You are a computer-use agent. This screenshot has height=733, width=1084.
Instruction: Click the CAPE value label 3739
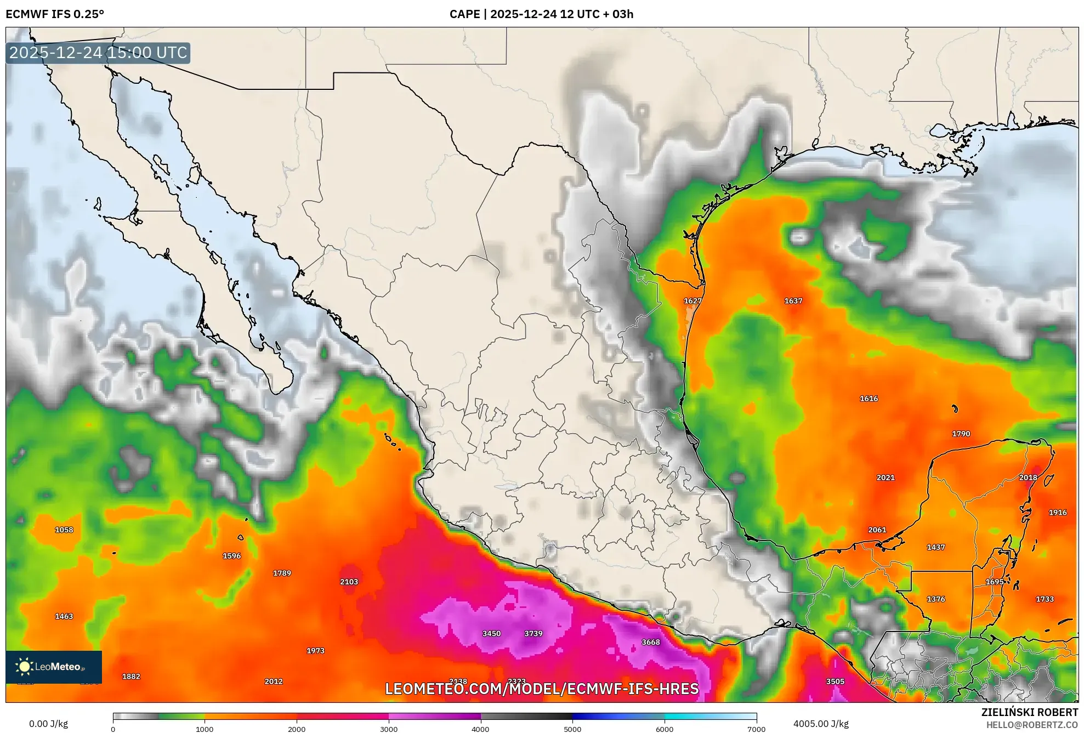coord(533,633)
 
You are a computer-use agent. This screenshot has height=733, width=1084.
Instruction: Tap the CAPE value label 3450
coord(491,633)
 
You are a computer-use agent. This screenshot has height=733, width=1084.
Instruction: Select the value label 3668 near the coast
coord(650,642)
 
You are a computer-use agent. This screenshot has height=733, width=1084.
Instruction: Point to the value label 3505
coord(835,681)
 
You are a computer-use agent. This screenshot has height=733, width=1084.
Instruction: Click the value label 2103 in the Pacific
coord(349,582)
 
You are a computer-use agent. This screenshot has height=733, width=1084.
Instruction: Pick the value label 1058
coord(64,530)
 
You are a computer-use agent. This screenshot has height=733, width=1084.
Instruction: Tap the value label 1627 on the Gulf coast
coord(693,301)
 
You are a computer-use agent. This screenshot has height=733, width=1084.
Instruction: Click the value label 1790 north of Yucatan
coord(961,434)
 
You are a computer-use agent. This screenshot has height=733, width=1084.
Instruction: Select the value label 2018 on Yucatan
coord(1028,478)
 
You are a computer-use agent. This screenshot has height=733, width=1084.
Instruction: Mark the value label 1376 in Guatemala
coord(935,599)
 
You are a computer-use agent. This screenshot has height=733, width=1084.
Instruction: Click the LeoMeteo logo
coord(54,667)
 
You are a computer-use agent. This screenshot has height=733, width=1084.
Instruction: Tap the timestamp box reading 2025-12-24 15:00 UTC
coord(98,53)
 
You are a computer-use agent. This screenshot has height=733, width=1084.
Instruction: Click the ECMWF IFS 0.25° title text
coord(55,14)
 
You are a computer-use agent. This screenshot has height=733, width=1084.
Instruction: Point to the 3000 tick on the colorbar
coord(389,729)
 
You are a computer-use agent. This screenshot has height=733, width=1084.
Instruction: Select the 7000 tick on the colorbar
coord(756,729)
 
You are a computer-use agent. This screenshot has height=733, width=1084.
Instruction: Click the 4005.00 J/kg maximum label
coord(821,724)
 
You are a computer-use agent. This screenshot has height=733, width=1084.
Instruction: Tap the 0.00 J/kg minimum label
coord(48,724)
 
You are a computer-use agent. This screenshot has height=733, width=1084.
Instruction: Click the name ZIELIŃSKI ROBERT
coord(1029,712)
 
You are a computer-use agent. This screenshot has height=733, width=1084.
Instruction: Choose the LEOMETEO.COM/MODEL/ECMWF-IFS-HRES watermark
coord(542,689)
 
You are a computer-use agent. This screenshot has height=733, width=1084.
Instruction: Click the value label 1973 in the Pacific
coord(315,651)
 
